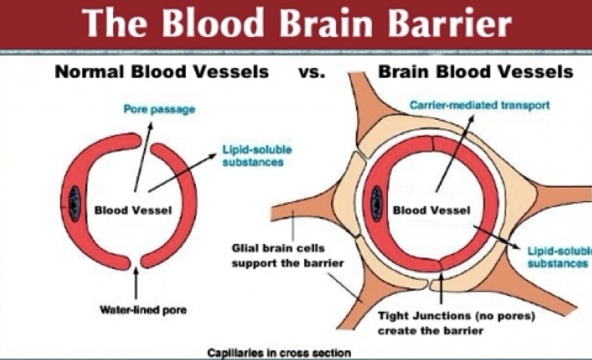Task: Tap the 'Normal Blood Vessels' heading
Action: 162,72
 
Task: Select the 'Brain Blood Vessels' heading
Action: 475,72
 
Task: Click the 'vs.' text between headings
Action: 312,72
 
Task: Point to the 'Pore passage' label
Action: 160,109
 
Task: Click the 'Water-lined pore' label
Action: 143,310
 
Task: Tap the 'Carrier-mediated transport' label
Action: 480,105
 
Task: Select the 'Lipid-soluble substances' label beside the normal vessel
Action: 257,156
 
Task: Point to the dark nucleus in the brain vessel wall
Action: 377,203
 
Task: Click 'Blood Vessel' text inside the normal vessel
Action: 133,210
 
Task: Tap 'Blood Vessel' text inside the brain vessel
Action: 432,210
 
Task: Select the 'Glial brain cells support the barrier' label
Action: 288,255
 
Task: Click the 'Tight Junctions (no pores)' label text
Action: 456,316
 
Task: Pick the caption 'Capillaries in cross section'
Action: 279,353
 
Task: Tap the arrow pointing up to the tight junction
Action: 441,285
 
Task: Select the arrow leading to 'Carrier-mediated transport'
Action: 454,153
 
